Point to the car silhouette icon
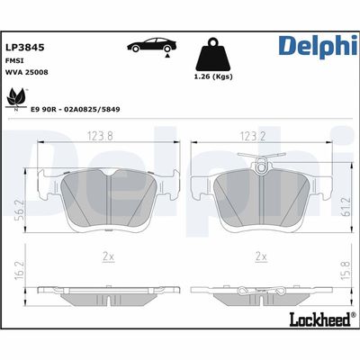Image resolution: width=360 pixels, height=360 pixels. click(x=152, y=45)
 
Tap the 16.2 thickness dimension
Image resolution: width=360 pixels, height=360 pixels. click(x=20, y=270)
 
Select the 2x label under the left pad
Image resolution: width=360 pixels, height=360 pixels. click(x=109, y=256)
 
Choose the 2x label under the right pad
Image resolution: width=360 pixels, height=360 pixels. click(x=262, y=256)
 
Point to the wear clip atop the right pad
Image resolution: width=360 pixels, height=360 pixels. click(x=260, y=161)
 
